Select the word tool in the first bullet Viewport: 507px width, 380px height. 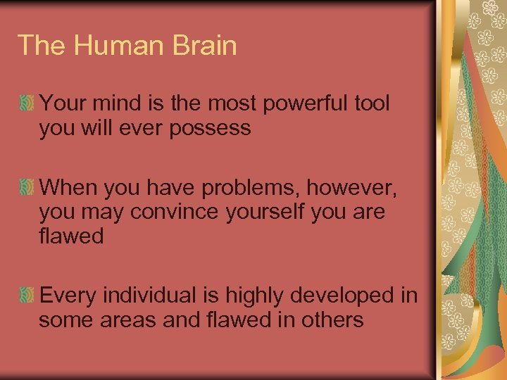point(372,103)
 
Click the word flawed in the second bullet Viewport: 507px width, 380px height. point(72,236)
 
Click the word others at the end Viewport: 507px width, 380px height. point(330,320)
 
